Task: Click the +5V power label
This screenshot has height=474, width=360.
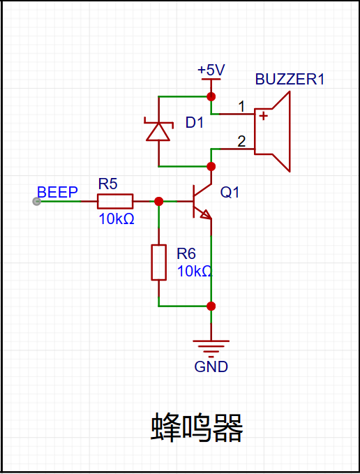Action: pyautogui.click(x=211, y=70)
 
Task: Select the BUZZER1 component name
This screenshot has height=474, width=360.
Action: pyautogui.click(x=290, y=79)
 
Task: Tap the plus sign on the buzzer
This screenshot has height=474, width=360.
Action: pyautogui.click(x=264, y=116)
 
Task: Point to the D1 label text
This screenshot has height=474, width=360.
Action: pyautogui.click(x=194, y=123)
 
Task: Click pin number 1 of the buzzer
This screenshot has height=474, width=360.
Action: pyautogui.click(x=241, y=107)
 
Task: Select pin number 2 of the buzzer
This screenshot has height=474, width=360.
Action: pyautogui.click(x=241, y=142)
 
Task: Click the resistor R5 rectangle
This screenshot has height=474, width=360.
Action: pyautogui.click(x=115, y=201)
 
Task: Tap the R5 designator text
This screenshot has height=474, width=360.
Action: pyautogui.click(x=108, y=184)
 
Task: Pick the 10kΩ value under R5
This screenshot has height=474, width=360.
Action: pyautogui.click(x=117, y=219)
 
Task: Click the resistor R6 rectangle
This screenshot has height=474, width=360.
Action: pyautogui.click(x=158, y=262)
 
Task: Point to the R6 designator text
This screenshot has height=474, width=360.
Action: pyautogui.click(x=186, y=253)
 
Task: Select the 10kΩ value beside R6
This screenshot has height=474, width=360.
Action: pyautogui.click(x=195, y=272)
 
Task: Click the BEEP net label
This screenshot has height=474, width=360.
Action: pyautogui.click(x=57, y=192)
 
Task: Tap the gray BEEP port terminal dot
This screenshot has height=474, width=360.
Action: pyautogui.click(x=36, y=201)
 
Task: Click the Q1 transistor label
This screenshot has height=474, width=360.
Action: pyautogui.click(x=230, y=192)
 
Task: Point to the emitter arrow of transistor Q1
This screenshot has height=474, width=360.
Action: pyautogui.click(x=206, y=214)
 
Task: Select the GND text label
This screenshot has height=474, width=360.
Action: pyautogui.click(x=211, y=367)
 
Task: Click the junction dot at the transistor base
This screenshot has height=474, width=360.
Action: pyautogui.click(x=158, y=201)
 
